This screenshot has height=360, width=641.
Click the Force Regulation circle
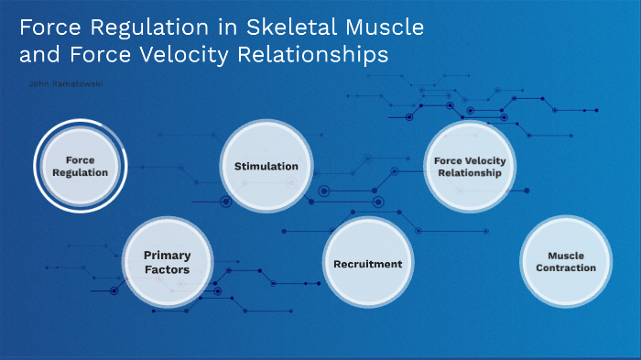point(81,166)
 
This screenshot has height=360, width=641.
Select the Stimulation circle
point(266,166)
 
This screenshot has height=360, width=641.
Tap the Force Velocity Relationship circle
point(470,167)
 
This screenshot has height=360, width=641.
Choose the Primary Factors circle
point(167,263)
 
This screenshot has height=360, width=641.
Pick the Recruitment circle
point(367,264)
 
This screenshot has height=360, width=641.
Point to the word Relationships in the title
point(312,55)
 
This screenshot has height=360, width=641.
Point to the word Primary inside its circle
point(167,256)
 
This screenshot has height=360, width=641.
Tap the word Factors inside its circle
point(167,270)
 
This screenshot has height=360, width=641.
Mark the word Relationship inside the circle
point(470,173)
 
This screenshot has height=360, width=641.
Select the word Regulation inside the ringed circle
point(81,172)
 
